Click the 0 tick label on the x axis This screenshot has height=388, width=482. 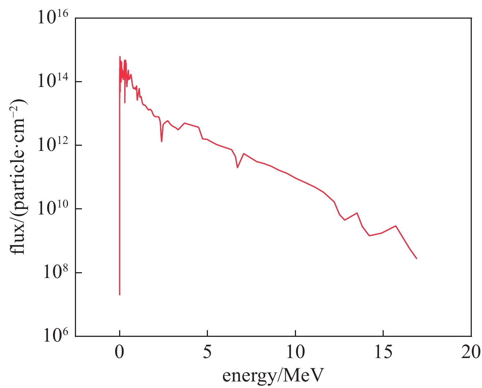pos(119,353)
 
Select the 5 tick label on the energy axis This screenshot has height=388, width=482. pos(207,353)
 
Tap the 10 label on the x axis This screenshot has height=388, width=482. pos(295,353)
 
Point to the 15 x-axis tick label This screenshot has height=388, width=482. pos(383,353)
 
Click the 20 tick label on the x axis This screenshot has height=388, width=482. pos(471,353)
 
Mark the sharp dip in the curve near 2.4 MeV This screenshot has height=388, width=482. pos(162,141)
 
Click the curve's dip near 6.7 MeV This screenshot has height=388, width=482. pos(238,167)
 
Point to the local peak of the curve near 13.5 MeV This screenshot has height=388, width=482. pos(357,213)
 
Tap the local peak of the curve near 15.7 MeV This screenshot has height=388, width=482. pos(395,226)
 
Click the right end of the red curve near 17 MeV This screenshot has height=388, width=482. pos(417,258)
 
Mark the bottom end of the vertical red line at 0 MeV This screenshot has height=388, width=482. pos(119,294)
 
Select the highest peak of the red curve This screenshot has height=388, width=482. pos(119,57)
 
